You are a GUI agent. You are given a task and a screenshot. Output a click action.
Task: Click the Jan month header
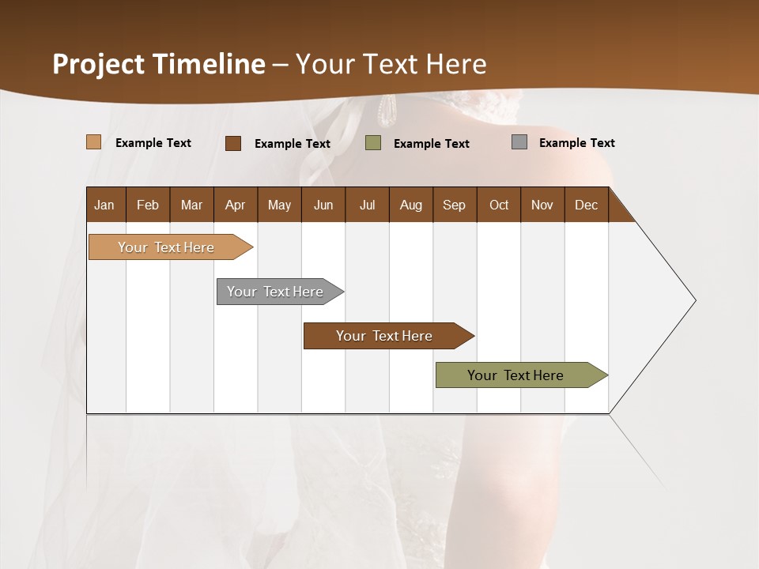(104, 205)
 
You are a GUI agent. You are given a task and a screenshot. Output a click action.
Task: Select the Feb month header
(148, 205)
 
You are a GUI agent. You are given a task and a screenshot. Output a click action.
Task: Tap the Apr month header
(235, 205)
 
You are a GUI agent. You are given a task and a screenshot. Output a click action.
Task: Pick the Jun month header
(323, 205)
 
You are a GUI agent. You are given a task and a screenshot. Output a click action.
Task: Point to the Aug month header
(410, 205)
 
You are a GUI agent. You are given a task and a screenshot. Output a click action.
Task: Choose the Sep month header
(454, 205)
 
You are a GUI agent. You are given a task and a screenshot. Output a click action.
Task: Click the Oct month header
(499, 205)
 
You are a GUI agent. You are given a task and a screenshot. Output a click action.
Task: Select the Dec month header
(586, 205)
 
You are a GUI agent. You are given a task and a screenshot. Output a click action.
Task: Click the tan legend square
(94, 142)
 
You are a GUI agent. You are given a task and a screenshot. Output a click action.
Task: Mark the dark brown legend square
(233, 143)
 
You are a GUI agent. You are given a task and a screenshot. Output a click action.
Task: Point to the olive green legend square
(373, 143)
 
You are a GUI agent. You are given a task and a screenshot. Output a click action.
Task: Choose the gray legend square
(519, 142)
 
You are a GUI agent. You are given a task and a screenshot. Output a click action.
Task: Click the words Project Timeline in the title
(159, 64)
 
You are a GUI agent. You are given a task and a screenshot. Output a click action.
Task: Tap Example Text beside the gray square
(576, 143)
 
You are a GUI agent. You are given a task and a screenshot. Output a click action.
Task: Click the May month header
(279, 205)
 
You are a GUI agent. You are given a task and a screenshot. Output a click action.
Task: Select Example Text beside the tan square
(153, 143)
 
